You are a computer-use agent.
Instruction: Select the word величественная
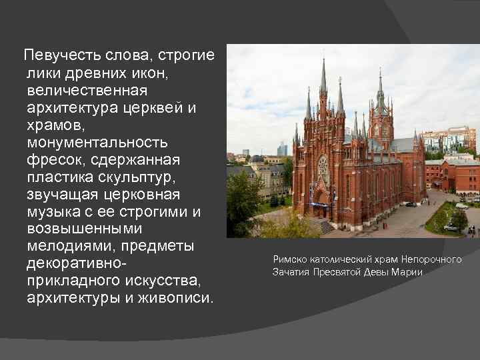click(x=87, y=90)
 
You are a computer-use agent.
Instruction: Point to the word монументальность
click(x=97, y=142)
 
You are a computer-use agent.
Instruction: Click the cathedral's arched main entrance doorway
click(x=321, y=200)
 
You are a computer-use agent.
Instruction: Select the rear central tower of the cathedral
click(x=381, y=107)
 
